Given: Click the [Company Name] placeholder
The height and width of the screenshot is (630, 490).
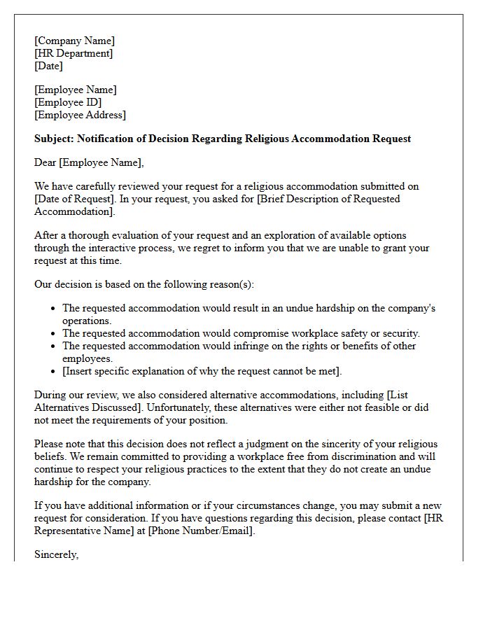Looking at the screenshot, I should click(75, 41).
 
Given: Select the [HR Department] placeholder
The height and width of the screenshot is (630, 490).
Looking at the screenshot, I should click(73, 54).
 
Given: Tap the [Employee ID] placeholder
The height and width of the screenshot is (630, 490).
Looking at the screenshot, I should click(68, 103).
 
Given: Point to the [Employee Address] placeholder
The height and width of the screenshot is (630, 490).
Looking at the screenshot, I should click(80, 115).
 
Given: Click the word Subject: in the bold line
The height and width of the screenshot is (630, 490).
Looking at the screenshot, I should click(53, 139).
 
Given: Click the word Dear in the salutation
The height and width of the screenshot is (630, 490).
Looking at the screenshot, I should click(45, 163).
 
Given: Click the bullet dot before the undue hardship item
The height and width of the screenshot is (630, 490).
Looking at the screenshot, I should click(53, 309).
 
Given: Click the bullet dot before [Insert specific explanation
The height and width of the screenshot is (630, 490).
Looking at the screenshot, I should click(53, 372).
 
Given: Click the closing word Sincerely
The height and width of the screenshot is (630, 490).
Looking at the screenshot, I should click(57, 555).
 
